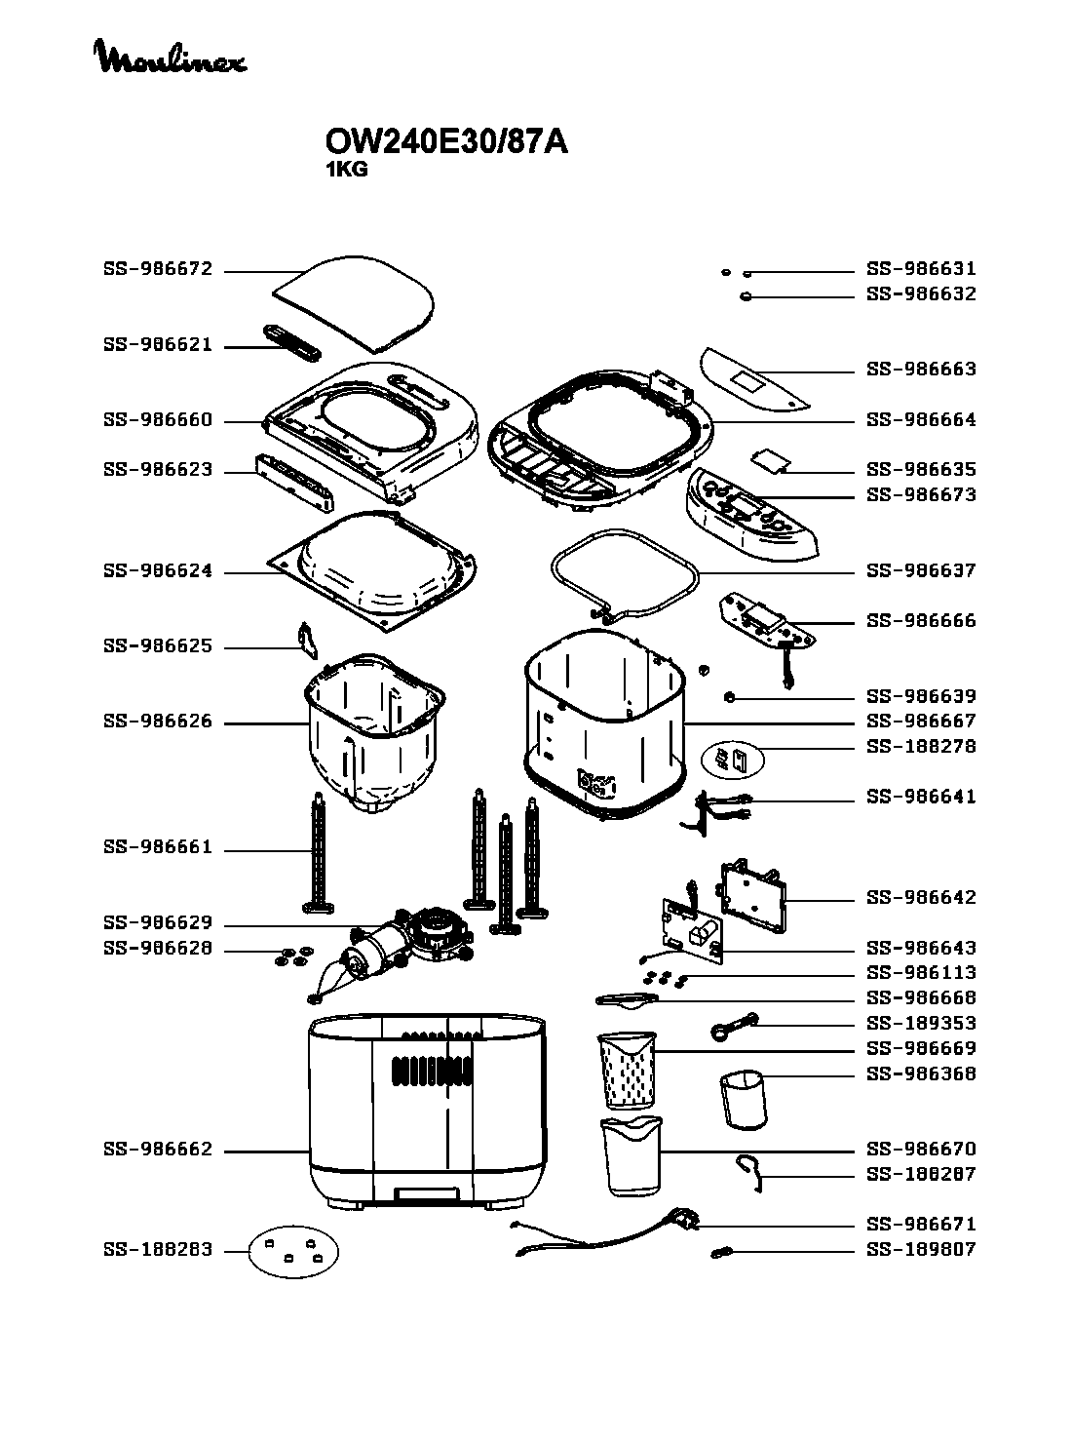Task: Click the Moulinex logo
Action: coord(170,58)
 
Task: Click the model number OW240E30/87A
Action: coord(446,142)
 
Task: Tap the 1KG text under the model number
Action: coord(346,169)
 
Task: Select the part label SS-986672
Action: coord(157,269)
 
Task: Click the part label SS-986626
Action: coord(157,722)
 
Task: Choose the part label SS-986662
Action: coord(157,1151)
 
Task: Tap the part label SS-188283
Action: coord(157,1250)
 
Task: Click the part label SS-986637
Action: coord(921,570)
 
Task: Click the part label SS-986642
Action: coord(921,898)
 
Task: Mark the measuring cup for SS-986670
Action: coord(632,1156)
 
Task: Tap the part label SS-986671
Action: coord(921,1225)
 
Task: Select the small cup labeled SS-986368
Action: coord(744,1100)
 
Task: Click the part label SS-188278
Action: coord(921,747)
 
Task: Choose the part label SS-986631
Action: coord(921,269)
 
